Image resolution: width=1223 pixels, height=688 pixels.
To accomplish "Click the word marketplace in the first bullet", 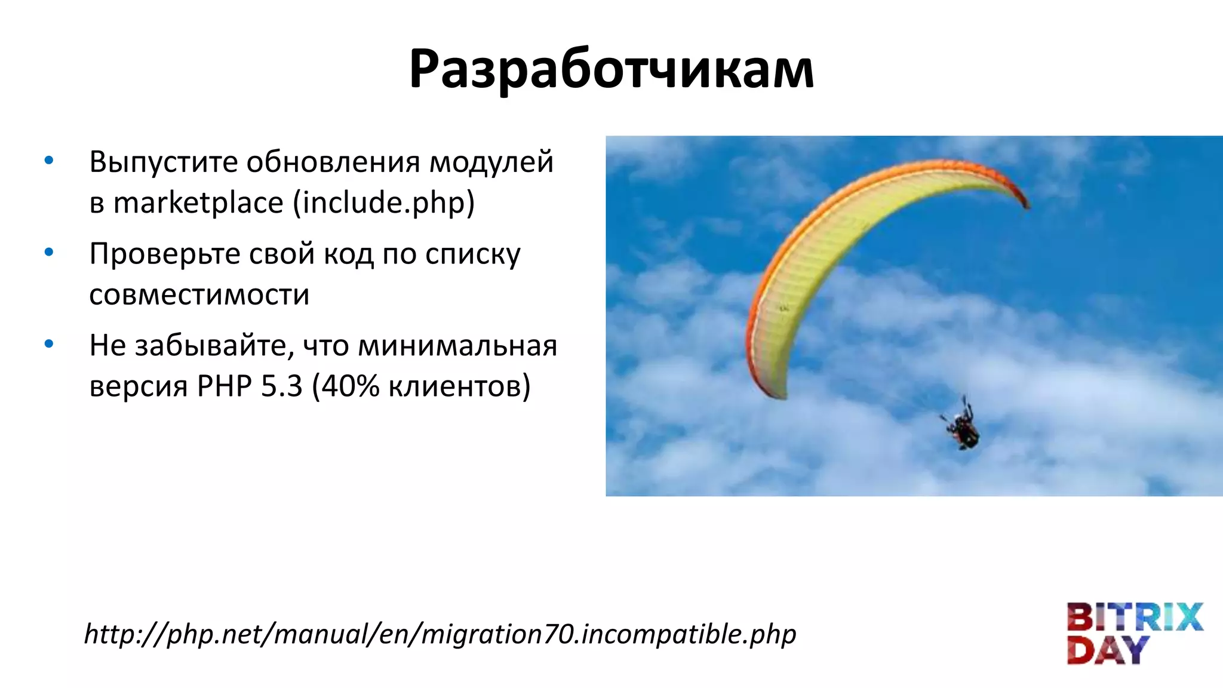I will coord(198,203).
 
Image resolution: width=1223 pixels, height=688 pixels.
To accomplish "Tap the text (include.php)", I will coord(383,203).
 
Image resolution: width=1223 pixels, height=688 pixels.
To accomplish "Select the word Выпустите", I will coord(164,162).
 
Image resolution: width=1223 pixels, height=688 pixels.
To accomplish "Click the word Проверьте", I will coord(164,254).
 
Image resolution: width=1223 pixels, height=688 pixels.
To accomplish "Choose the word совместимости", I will coord(199,295).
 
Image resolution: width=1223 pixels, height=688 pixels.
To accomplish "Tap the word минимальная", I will coord(457,346).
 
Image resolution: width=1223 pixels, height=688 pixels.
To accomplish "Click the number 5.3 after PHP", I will coord(282,386).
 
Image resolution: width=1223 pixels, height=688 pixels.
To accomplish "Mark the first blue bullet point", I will coord(49,160).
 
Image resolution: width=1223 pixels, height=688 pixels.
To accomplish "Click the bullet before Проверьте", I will coord(49,252).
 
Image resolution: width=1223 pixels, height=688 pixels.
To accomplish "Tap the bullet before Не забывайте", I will coord(49,344).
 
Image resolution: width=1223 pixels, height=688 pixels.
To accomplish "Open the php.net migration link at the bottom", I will coord(440,634).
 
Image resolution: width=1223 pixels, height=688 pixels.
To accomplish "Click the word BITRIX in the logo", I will coord(1134,618).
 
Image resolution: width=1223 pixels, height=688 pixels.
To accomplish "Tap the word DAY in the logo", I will coord(1108,650).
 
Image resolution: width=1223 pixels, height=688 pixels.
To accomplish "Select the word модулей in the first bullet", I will coord(491,162).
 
